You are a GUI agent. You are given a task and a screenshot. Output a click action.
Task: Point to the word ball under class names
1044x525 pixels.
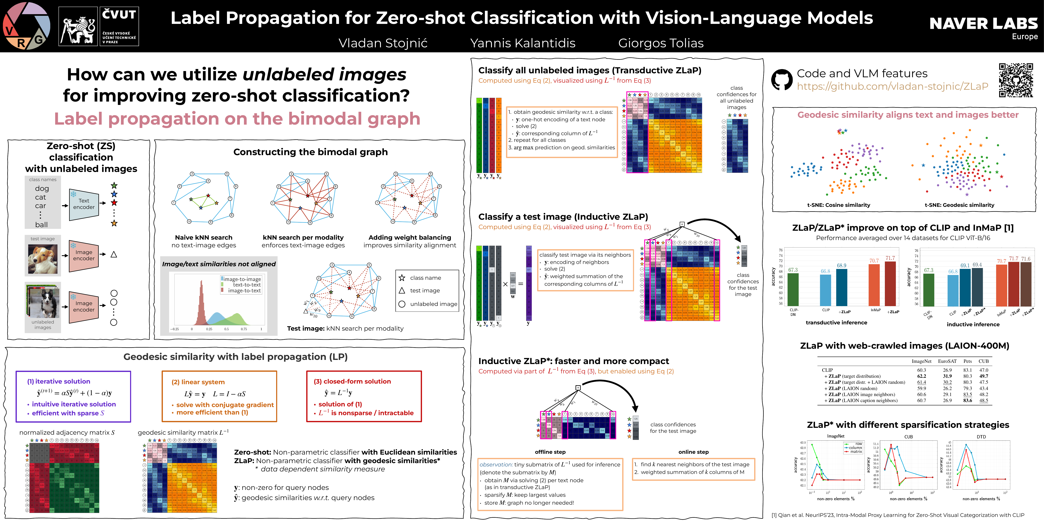tap(41, 225)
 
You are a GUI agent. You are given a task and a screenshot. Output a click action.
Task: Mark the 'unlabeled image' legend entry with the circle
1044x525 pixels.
tap(433, 304)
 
